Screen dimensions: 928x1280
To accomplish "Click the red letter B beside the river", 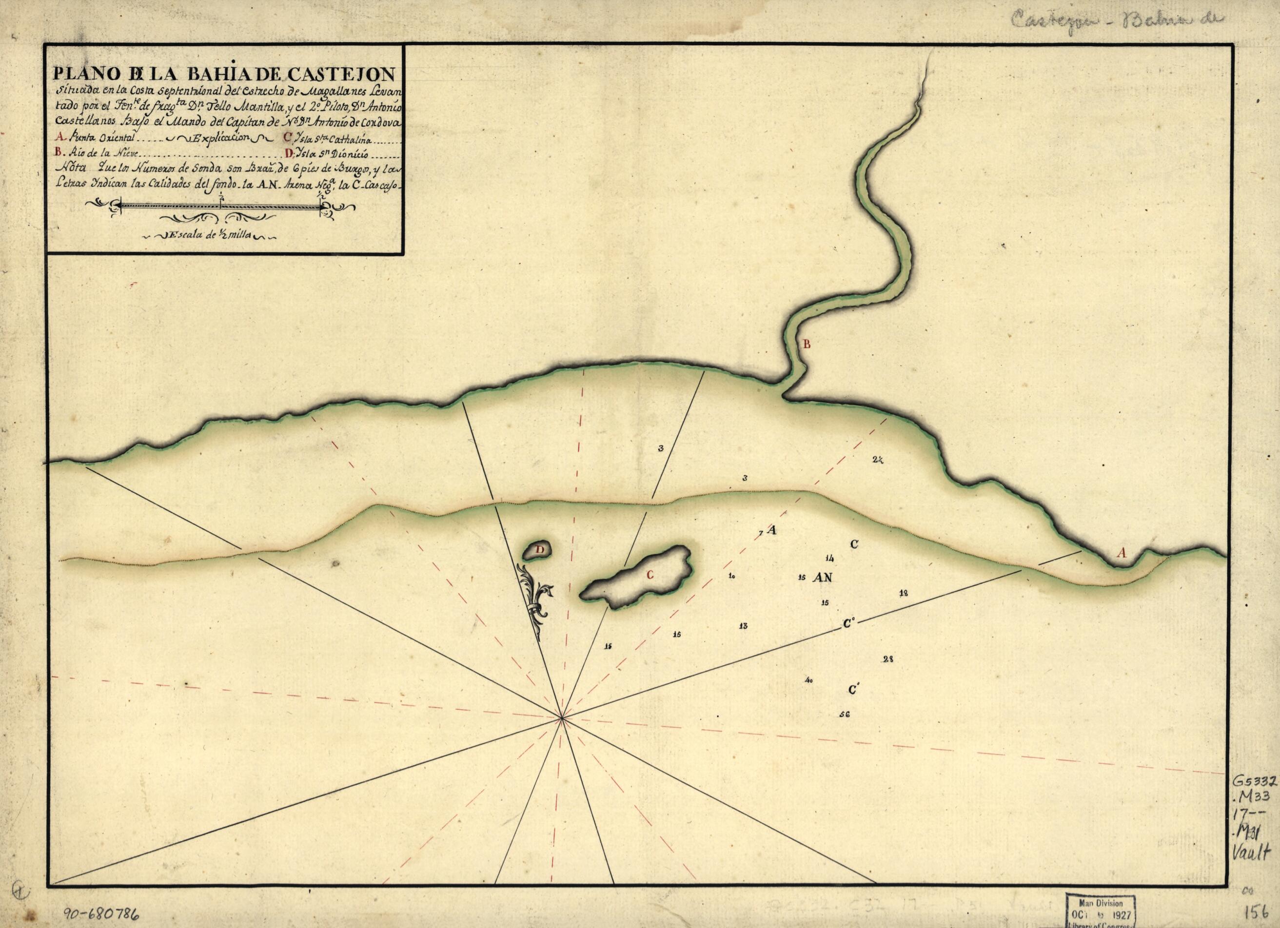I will pyautogui.click(x=807, y=345).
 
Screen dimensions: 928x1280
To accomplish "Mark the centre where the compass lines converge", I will pyautogui.click(x=562, y=718).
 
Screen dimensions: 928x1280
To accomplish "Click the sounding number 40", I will pyautogui.click(x=809, y=681).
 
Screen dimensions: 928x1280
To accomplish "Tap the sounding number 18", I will pyautogui.click(x=904, y=593).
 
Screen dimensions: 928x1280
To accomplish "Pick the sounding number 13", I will pyautogui.click(x=743, y=626).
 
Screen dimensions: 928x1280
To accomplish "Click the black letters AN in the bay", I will pyautogui.click(x=824, y=578).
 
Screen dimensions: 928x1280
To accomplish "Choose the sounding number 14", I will pyautogui.click(x=829, y=559).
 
